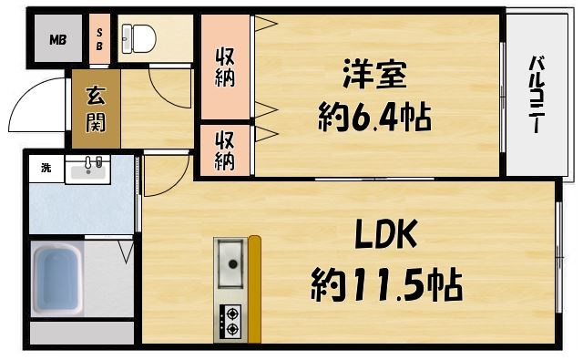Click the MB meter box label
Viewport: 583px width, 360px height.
coord(58,40)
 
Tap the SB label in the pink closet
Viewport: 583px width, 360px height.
coord(99,40)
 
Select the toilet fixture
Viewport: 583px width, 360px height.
coord(139,38)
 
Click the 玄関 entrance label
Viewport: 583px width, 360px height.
coord(96,109)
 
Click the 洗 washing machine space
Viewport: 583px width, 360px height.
coord(46,168)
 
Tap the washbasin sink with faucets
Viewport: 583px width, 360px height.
coord(87,170)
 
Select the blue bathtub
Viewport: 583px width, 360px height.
coord(57,279)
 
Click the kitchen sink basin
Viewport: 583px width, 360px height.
coord(230,262)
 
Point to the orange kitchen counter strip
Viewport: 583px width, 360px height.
coord(255,289)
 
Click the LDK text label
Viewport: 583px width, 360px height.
coord(385,234)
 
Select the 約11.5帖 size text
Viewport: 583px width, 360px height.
coord(386,285)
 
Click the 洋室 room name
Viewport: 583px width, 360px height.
coord(374,74)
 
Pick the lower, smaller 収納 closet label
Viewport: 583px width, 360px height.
coord(225,151)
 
